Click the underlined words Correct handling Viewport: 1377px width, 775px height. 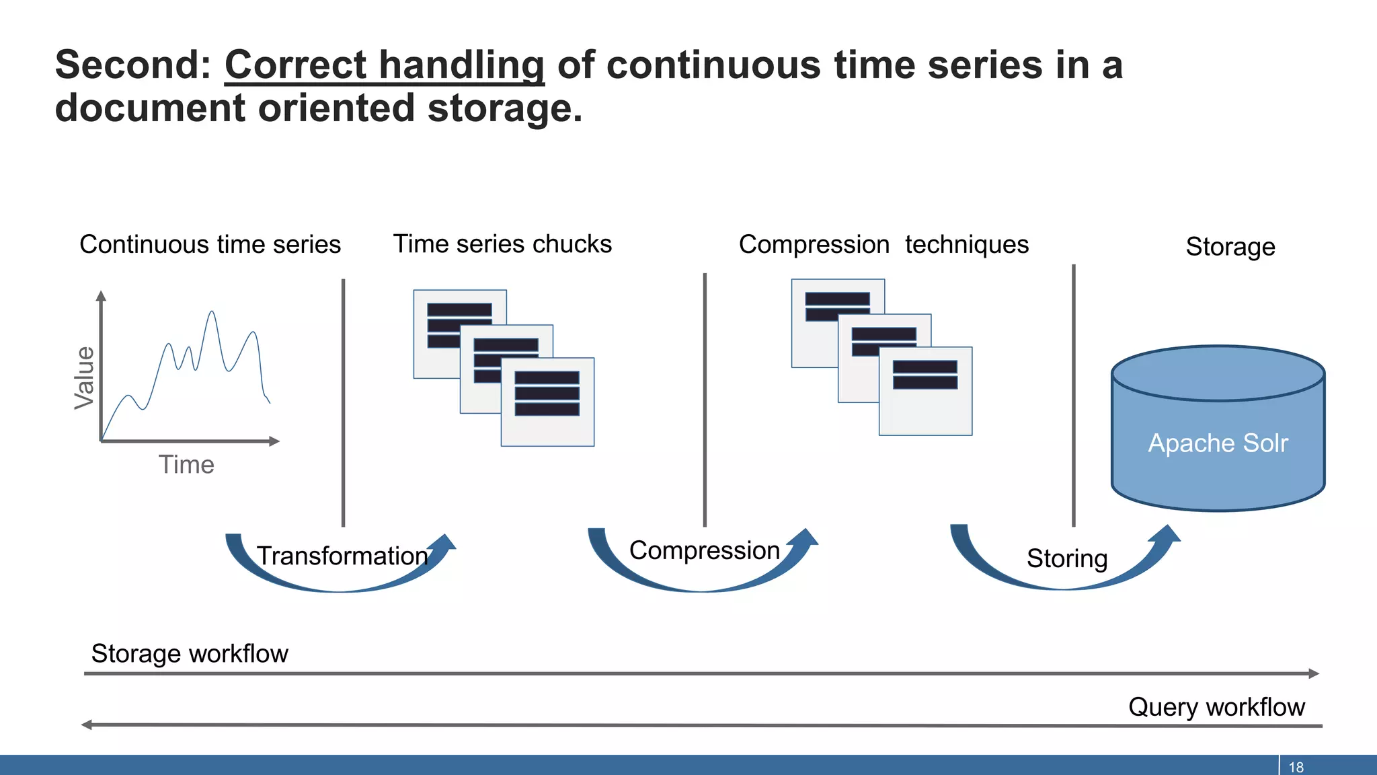(x=384, y=66)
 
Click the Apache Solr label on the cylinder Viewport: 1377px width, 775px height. (x=1218, y=443)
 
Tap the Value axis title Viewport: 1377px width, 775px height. (x=85, y=377)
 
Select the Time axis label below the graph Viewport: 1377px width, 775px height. (x=186, y=465)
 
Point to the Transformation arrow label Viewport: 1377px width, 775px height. (x=342, y=556)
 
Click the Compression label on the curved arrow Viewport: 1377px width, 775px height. (x=704, y=550)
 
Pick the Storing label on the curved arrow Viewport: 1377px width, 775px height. (x=1066, y=558)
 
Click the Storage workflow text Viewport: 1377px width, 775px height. (x=190, y=654)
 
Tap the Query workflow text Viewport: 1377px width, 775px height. (x=1216, y=707)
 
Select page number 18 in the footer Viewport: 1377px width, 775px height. (x=1296, y=767)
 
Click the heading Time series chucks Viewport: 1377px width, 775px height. (x=502, y=244)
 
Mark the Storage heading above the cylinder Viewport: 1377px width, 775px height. (x=1230, y=247)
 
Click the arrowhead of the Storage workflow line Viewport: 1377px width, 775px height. (x=1314, y=673)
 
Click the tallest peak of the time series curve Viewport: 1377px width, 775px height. (x=212, y=312)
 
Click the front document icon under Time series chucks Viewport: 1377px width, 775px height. (x=547, y=402)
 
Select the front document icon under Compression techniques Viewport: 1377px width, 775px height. (x=925, y=391)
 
